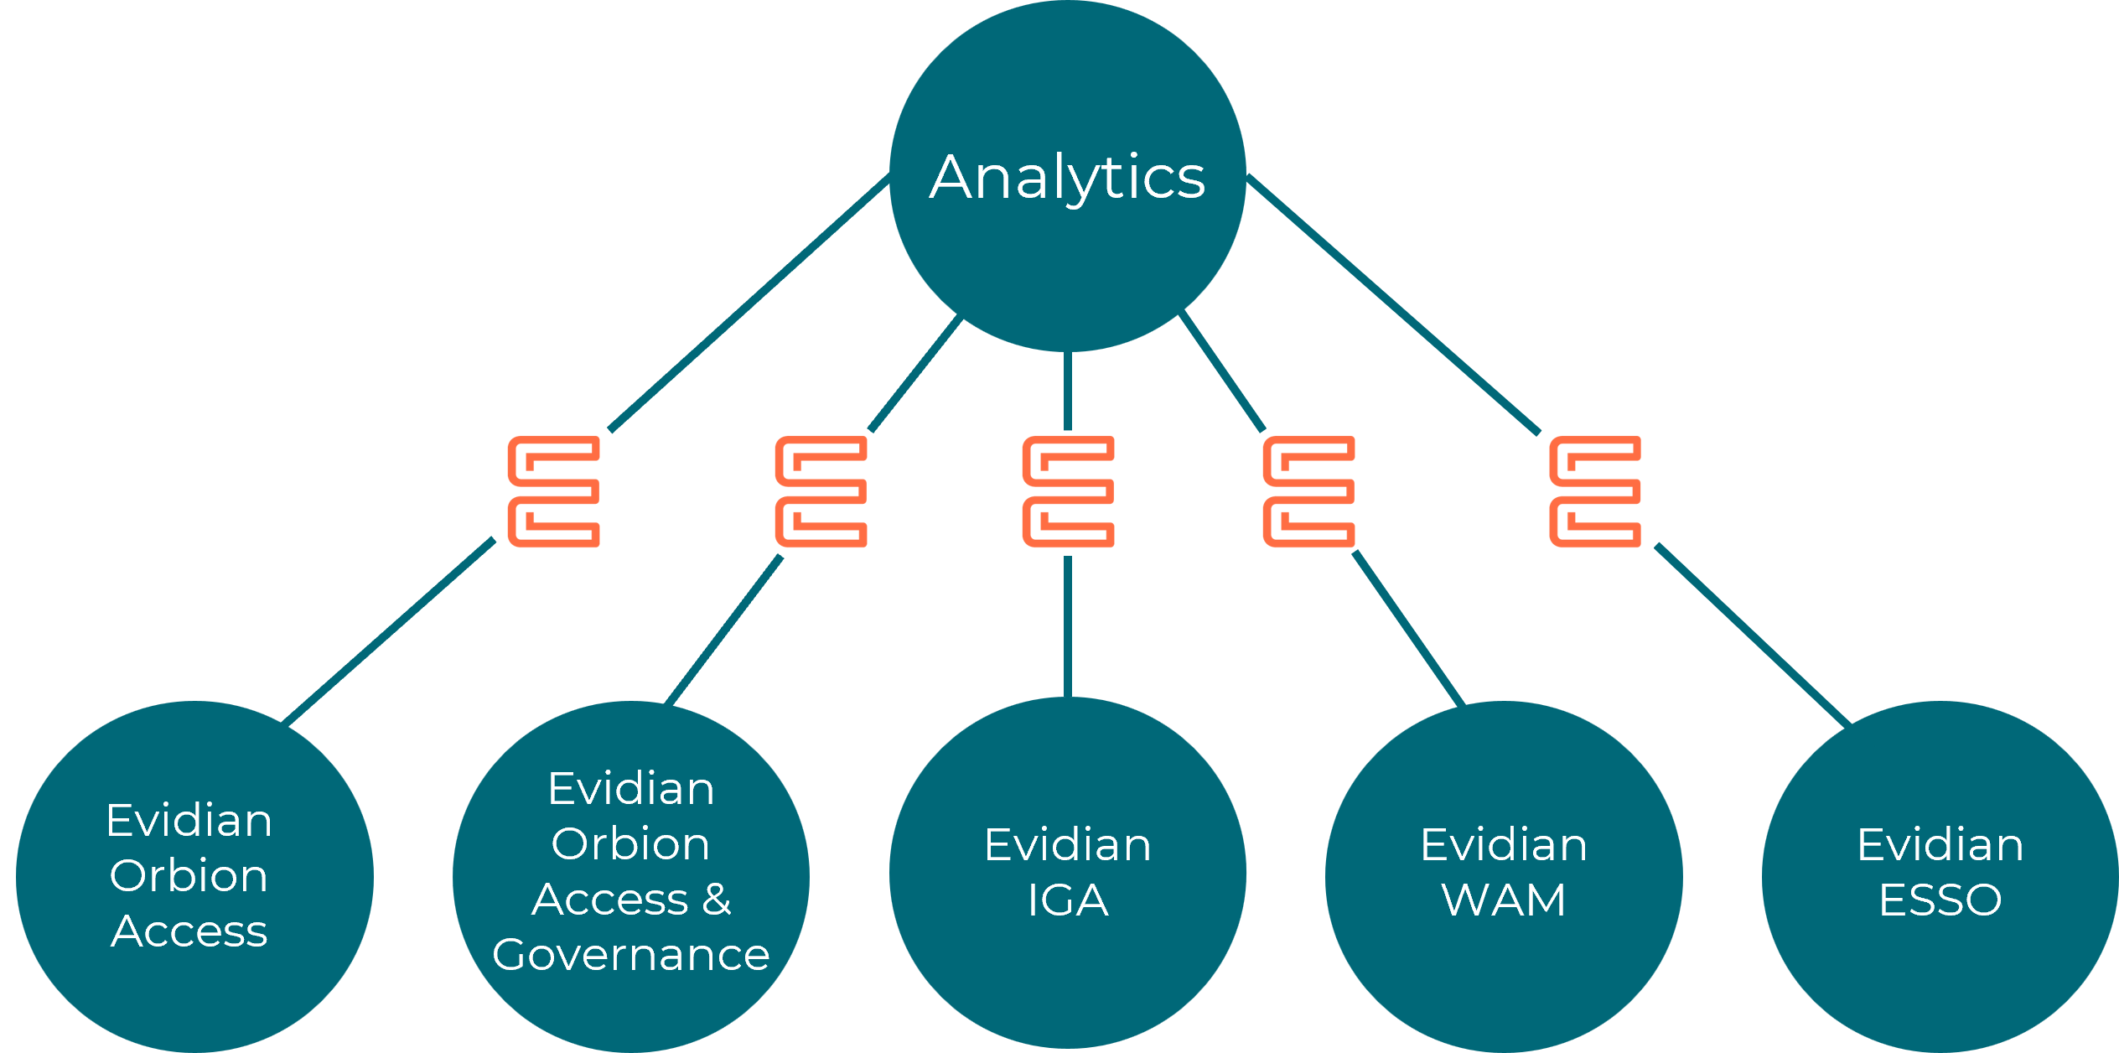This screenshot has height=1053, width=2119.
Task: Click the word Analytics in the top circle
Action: coord(1067,177)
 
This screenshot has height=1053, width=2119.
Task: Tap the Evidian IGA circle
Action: coord(1067,964)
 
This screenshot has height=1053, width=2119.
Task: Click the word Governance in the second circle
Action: coord(630,955)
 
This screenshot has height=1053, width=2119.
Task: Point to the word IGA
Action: coord(1068,900)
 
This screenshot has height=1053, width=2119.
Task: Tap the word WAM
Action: coord(1504,900)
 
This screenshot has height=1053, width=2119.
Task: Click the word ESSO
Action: coord(1940,900)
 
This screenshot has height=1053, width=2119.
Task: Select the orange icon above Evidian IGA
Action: coord(1068,491)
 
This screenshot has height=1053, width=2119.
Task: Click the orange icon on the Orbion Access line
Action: coord(553,491)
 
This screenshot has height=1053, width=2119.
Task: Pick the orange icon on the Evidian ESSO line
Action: coord(1595,491)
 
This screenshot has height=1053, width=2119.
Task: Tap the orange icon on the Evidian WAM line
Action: coord(1308,491)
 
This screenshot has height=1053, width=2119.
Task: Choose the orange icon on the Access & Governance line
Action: coord(821,491)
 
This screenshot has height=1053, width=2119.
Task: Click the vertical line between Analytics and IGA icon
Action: coord(1068,391)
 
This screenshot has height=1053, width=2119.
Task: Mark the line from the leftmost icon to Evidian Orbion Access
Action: coord(390,631)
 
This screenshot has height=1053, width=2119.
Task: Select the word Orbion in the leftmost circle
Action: coord(189,876)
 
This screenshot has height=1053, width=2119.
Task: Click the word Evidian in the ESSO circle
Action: coord(1940,845)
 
